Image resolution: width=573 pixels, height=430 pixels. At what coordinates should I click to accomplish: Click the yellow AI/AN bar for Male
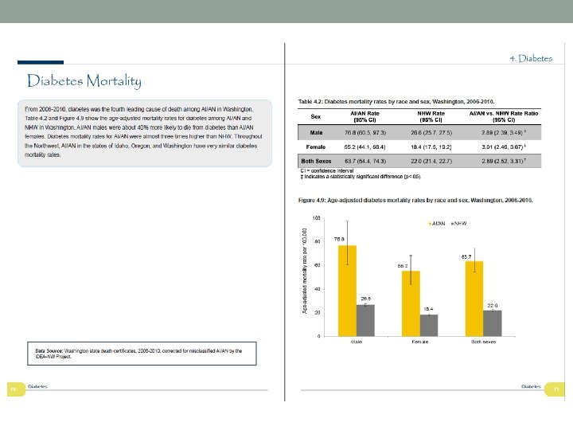pos(347,290)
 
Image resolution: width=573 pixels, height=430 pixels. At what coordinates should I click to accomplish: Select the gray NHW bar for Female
pos(429,325)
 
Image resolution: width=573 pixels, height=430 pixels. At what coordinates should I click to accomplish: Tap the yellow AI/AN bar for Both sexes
pos(474,298)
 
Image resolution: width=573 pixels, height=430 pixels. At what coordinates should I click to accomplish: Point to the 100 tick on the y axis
pos(317,217)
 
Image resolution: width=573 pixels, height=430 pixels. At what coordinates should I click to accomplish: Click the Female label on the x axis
pos(420,342)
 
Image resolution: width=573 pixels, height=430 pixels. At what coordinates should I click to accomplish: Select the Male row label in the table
pos(316,132)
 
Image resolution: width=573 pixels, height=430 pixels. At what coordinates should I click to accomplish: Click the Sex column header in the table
pos(316,116)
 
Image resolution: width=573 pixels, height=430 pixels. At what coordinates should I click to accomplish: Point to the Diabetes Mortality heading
pos(84,81)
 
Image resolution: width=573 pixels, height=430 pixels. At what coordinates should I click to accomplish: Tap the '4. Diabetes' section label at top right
pos(531,59)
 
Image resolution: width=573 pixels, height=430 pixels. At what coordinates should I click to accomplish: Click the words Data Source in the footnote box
pos(49,350)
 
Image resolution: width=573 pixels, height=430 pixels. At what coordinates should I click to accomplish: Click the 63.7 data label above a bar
pos(468,256)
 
